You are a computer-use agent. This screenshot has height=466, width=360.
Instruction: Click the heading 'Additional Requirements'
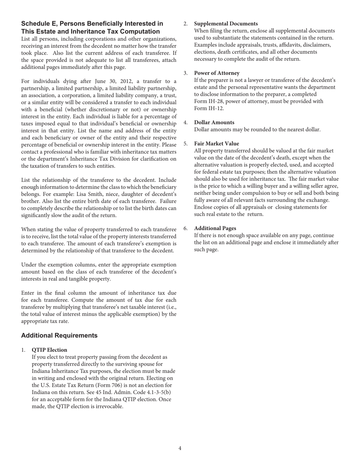pyautogui.click(x=59, y=335)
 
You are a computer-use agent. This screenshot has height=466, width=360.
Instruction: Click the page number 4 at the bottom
pyautogui.click(x=180, y=448)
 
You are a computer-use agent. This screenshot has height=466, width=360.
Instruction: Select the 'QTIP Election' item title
pyautogui.click(x=49, y=350)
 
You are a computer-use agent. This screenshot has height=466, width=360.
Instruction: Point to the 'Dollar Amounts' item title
pyautogui.click(x=214, y=122)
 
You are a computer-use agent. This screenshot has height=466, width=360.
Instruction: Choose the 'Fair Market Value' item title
pyautogui.click(x=216, y=144)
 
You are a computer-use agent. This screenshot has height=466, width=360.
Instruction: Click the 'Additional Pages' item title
pyautogui.click(x=215, y=228)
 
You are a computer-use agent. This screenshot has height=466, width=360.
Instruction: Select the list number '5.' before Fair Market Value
pyautogui.click(x=186, y=144)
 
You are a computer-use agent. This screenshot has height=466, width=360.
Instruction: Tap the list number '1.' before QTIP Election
pyautogui.click(x=24, y=350)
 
